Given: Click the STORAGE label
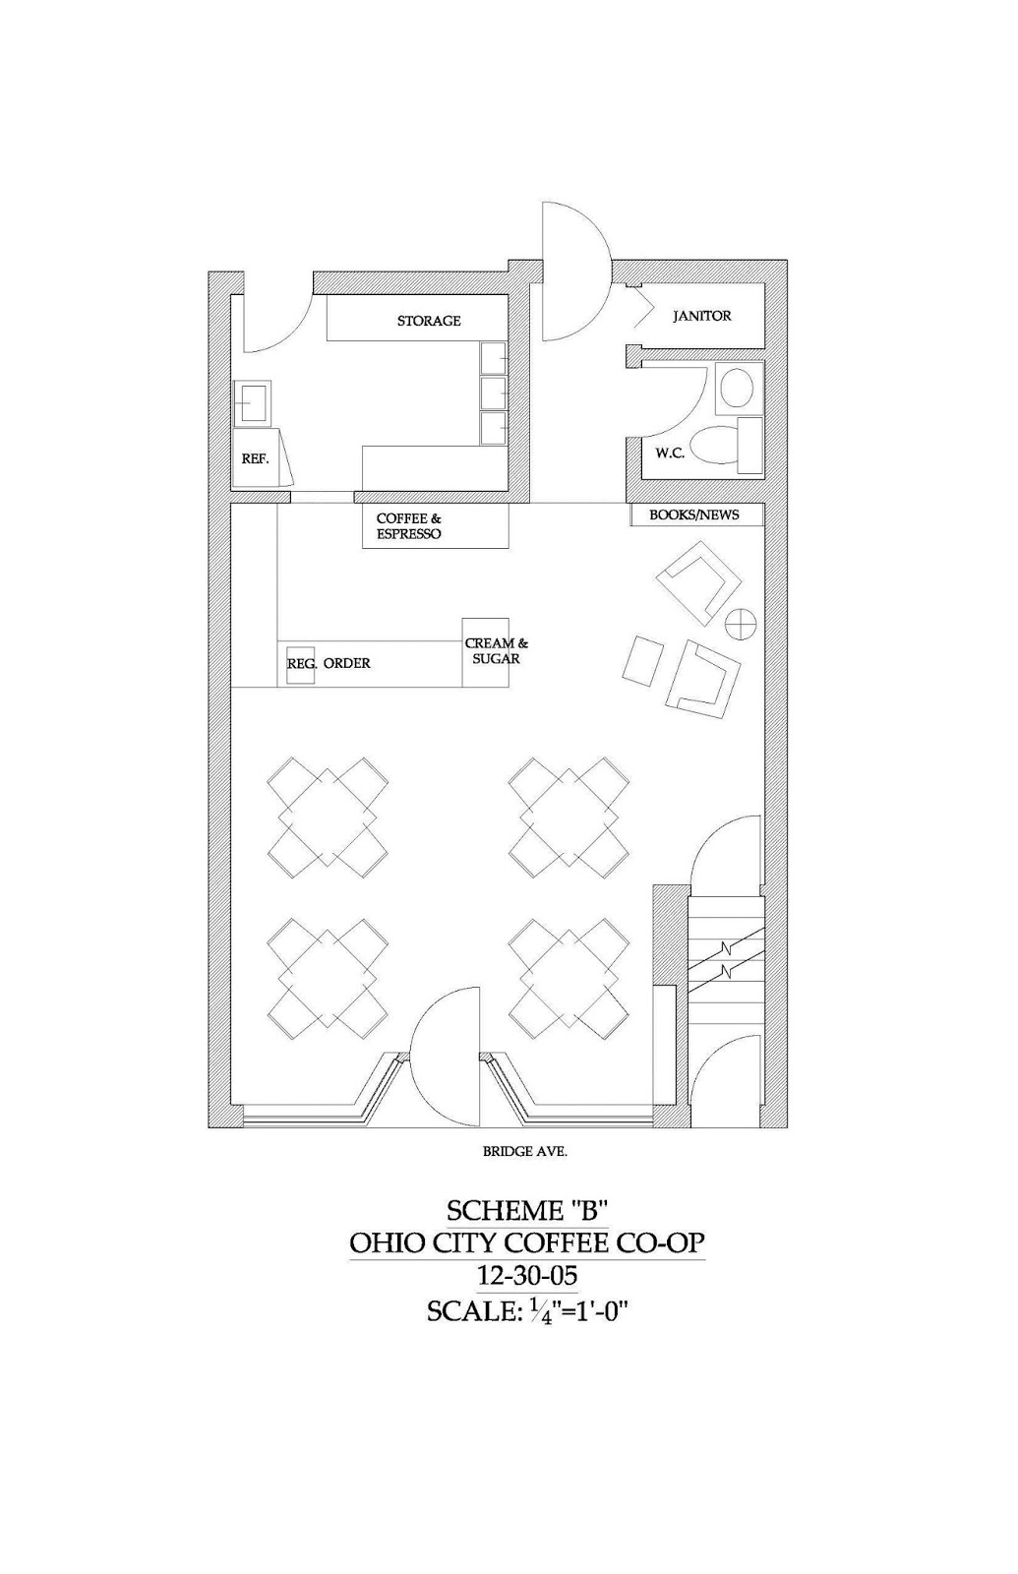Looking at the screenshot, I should (429, 321).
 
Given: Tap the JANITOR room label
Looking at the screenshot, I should (701, 316).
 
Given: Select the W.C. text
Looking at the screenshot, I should (670, 454).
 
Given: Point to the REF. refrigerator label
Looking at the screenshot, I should (255, 458).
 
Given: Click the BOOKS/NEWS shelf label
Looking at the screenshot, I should (693, 515).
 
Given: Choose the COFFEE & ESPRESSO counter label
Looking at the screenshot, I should (409, 526).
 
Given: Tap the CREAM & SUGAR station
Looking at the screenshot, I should (496, 651).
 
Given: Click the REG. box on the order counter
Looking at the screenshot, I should (301, 664).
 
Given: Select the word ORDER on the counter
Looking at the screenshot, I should (347, 664).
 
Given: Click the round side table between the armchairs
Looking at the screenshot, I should (740, 623).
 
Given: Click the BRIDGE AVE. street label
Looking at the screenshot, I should (524, 1151).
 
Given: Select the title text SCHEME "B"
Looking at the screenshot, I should (529, 1209).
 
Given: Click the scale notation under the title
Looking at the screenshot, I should (527, 1311).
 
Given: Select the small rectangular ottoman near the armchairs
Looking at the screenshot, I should (643, 660).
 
